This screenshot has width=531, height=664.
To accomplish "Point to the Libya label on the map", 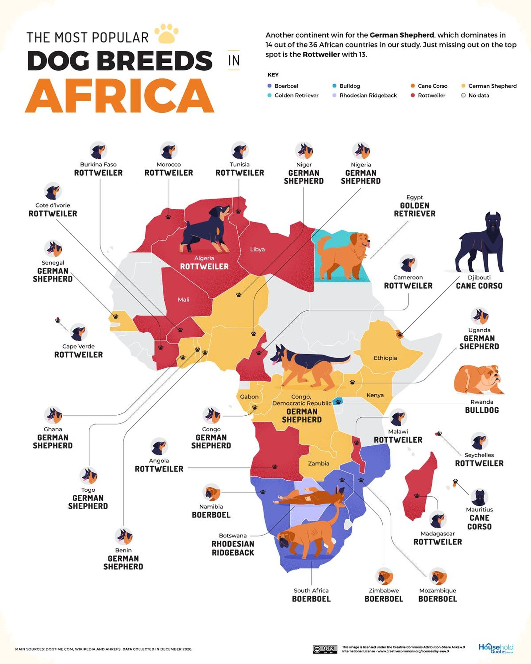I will (257, 249).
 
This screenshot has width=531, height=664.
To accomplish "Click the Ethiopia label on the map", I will (385, 358).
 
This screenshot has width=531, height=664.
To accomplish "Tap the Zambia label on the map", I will (319, 463).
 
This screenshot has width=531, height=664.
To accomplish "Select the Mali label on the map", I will (184, 300).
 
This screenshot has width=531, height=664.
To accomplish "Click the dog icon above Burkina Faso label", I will (98, 150).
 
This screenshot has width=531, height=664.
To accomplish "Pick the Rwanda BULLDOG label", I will (482, 407).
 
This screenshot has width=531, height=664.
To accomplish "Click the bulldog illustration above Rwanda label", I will (479, 379).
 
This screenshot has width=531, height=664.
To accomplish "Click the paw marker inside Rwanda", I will (338, 402).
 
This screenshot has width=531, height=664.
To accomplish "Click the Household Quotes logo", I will (495, 648).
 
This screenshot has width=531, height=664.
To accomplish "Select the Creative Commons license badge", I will (325, 649).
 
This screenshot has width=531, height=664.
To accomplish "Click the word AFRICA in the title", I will (119, 96).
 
